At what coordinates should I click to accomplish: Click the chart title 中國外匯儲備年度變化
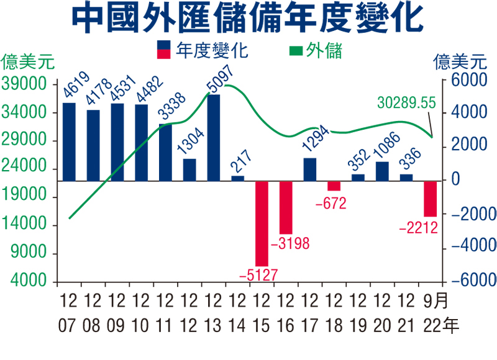(248, 20)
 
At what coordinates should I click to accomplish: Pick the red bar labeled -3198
(286, 207)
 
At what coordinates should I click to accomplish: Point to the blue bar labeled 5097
(214, 138)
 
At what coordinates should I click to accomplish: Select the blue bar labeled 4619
(69, 142)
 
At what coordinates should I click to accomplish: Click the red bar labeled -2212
(431, 199)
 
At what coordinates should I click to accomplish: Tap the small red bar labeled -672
(334, 186)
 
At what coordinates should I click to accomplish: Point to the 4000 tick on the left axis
(29, 281)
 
